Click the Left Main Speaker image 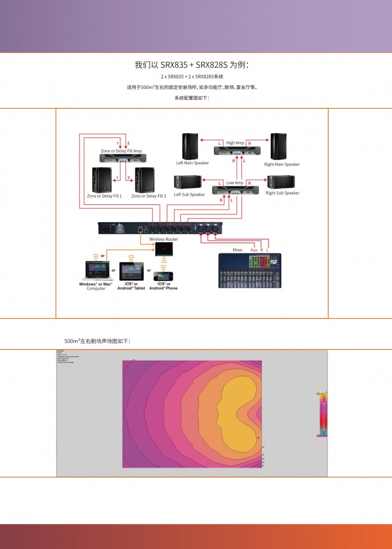(190, 146)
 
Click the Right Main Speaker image (278, 146)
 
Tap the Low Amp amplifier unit (235, 191)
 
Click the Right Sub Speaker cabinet (281, 182)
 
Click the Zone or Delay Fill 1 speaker (102, 180)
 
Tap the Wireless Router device (164, 249)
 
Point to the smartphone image (164, 276)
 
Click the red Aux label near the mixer (254, 250)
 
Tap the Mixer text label (238, 250)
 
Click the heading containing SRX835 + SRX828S (195, 65)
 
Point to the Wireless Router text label (164, 239)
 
